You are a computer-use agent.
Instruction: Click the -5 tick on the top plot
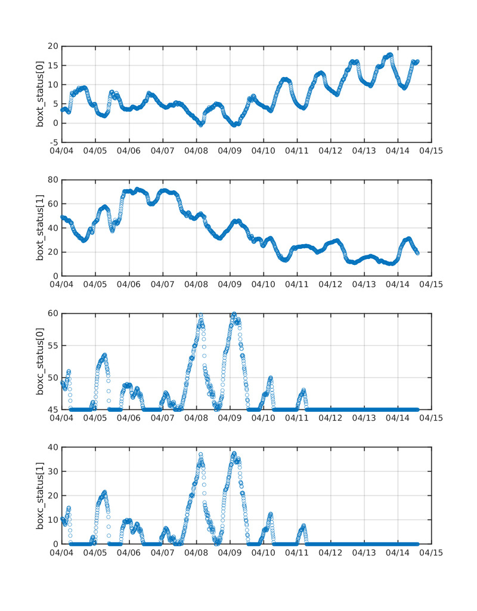pos(52,143)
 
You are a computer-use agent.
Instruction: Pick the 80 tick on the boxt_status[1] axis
pos(51,180)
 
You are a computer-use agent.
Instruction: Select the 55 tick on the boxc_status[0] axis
pos(51,345)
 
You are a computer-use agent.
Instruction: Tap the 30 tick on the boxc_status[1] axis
pos(51,471)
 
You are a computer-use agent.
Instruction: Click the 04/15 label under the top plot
pos(431,150)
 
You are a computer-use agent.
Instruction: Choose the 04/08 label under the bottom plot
pos(196,552)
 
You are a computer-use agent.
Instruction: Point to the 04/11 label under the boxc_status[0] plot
pos(297,418)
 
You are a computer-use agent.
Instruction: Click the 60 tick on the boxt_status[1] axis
pos(51,204)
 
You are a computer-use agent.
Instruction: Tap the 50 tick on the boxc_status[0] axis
pos(51,378)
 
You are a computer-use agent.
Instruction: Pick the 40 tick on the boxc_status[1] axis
pos(51,447)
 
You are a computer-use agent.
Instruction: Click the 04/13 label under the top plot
pos(364,150)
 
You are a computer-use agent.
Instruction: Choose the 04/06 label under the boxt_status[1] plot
pos(129,284)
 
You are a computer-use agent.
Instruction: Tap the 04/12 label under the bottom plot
pos(330,552)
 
